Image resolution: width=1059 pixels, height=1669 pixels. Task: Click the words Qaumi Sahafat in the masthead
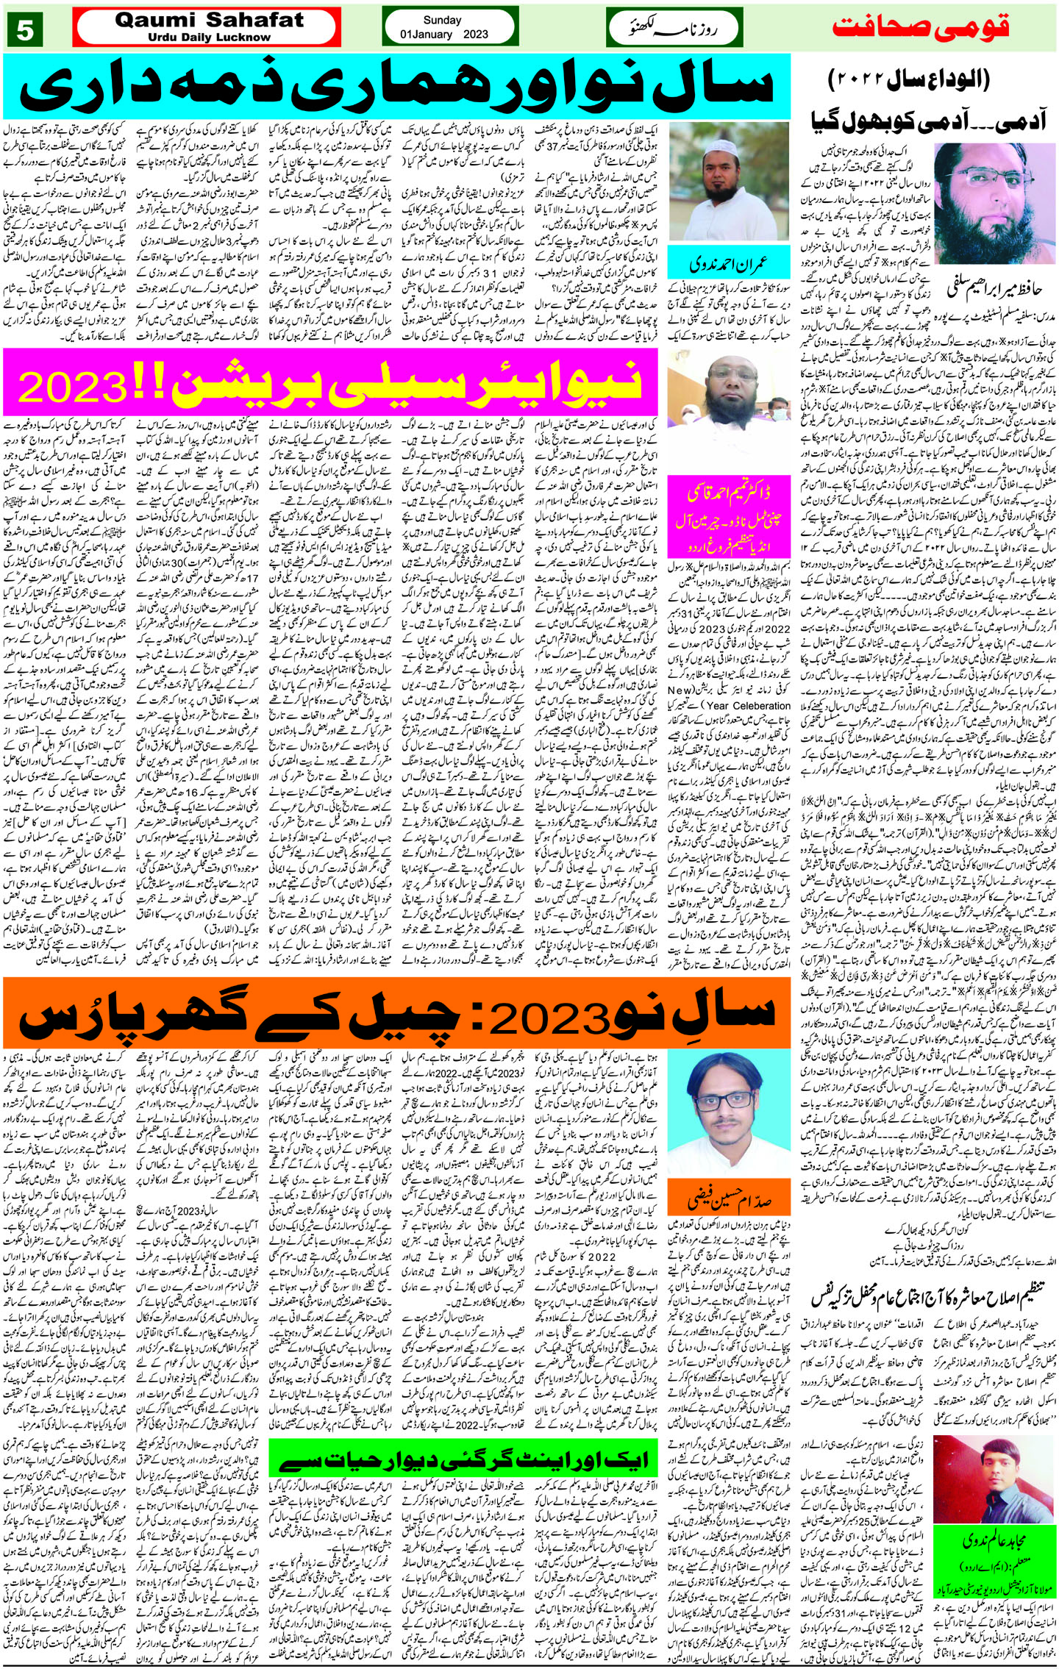[209, 21]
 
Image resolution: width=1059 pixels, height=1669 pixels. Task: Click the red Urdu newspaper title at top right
[921, 29]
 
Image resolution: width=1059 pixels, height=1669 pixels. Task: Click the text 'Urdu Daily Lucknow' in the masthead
[209, 37]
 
